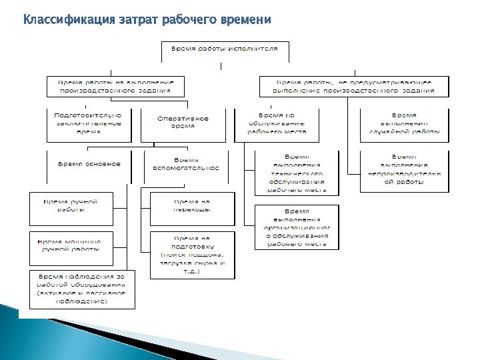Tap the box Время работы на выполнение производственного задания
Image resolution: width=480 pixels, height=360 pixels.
point(115,85)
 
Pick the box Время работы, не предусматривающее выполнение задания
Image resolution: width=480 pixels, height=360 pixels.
point(353,85)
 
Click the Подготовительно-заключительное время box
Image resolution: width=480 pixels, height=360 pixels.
point(87,123)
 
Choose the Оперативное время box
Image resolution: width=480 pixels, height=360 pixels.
point(183,123)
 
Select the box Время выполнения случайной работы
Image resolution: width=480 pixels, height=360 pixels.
point(404,123)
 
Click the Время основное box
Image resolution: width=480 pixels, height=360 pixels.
point(89,165)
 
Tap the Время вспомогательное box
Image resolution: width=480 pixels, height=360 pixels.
point(186,165)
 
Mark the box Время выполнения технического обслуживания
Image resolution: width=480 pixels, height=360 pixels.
point(297,171)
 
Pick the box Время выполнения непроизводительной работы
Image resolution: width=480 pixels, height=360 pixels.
point(404,171)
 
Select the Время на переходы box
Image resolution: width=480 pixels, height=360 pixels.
point(192,206)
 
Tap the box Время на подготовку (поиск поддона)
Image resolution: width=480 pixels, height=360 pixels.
point(192,254)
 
